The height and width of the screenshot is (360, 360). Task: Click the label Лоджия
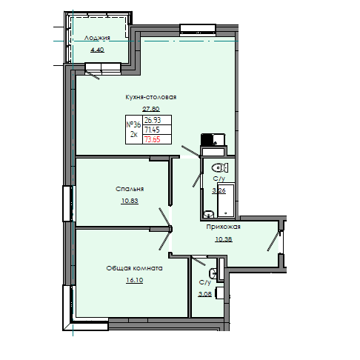pos(97,38)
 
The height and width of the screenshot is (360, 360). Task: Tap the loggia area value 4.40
pos(97,50)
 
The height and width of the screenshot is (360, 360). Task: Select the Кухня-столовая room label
pos(150,96)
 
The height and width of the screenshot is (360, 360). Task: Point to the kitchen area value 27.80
pos(150,109)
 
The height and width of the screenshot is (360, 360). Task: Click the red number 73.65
pos(153,139)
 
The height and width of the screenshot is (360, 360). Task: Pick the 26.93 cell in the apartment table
pos(153,120)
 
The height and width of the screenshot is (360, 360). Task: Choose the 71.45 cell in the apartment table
pos(153,129)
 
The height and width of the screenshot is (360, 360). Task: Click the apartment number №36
pos(134,124)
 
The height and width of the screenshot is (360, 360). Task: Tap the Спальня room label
pos(129,189)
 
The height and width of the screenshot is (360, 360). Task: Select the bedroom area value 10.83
pos(129,201)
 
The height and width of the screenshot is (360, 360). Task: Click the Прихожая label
pos(223,227)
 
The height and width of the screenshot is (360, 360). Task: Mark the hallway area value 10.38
pos(223,239)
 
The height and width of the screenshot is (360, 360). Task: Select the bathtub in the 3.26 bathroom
pos(228,196)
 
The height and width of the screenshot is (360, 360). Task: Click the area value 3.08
pos(205,294)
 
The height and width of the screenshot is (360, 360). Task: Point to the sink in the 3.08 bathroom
pos(212,273)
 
